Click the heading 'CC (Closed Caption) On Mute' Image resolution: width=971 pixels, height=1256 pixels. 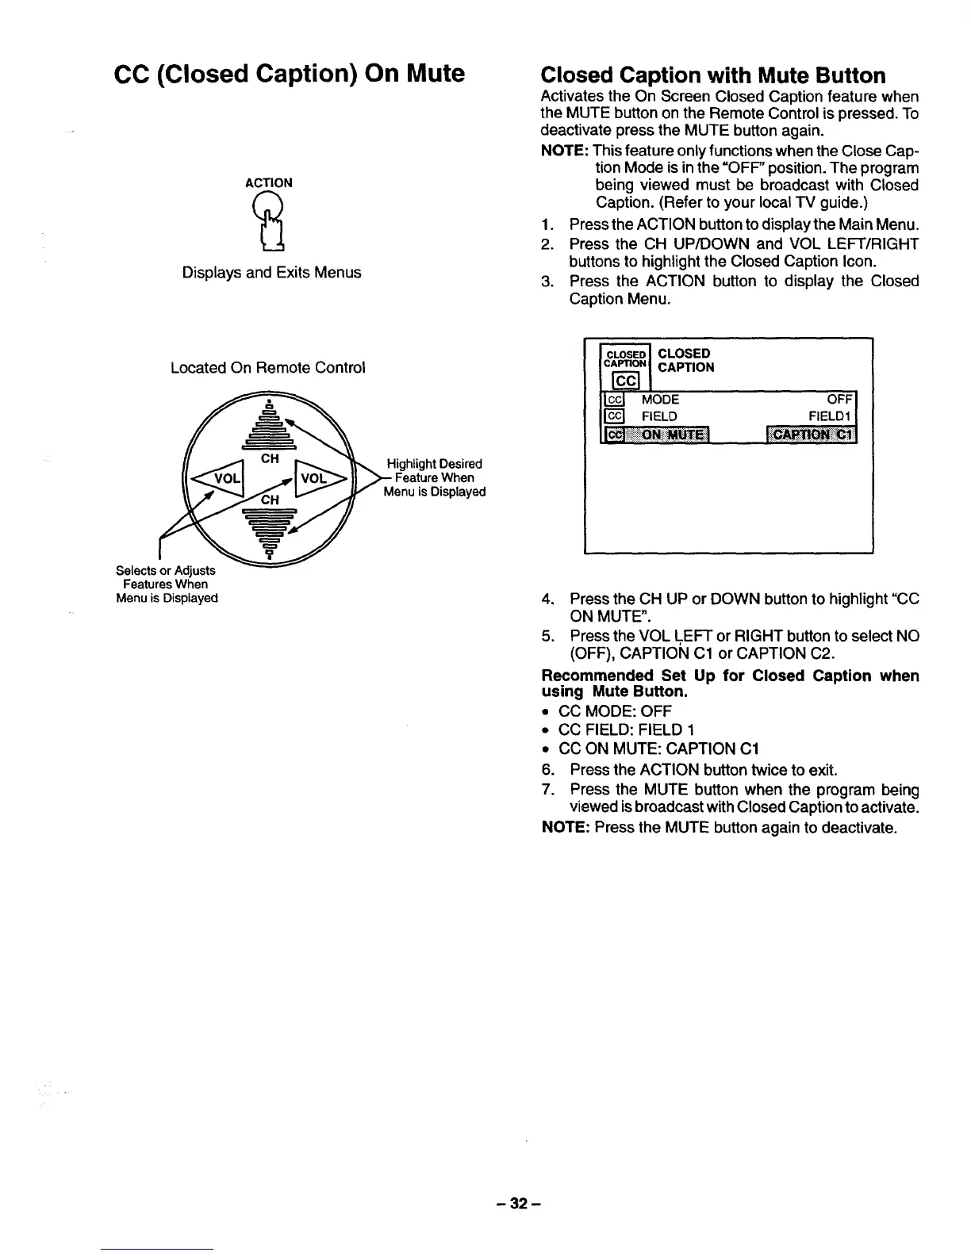click(x=290, y=74)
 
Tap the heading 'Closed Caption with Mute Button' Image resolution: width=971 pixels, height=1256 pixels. click(x=712, y=75)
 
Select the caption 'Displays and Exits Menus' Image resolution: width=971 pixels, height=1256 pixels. click(x=271, y=273)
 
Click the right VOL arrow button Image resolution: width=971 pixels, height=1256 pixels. click(x=320, y=479)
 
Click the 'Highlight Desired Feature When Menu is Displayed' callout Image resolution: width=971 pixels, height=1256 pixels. click(x=434, y=477)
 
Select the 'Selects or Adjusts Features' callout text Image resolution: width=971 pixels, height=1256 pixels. click(x=166, y=584)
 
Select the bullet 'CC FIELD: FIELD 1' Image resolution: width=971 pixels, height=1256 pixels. click(x=627, y=729)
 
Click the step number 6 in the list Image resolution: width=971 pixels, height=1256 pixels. click(x=547, y=770)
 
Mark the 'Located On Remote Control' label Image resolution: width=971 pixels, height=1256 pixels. click(x=268, y=368)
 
